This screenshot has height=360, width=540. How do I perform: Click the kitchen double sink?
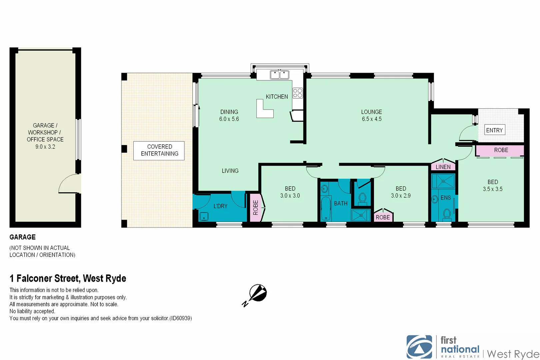pyautogui.click(x=279, y=75)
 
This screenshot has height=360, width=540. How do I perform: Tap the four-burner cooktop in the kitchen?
pyautogui.click(x=298, y=93)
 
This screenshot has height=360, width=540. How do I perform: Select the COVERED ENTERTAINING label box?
pyautogui.click(x=159, y=150)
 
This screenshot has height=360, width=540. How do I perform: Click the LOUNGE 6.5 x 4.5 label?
pyautogui.click(x=371, y=115)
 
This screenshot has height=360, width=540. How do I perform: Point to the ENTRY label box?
pyautogui.click(x=494, y=130)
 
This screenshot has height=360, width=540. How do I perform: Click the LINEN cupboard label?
pyautogui.click(x=443, y=167)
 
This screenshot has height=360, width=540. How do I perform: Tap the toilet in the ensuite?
pyautogui.click(x=447, y=214)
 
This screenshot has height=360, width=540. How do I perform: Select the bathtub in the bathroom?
pyautogui.click(x=326, y=208)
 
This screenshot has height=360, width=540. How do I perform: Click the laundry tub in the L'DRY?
pyautogui.click(x=204, y=216)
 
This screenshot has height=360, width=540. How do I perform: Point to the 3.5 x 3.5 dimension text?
pyautogui.click(x=492, y=189)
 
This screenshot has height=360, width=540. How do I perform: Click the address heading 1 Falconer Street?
pyautogui.click(x=68, y=278)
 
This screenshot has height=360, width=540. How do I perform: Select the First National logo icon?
pyautogui.click(x=419, y=347)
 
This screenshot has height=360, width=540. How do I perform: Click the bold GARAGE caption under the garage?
pyautogui.click(x=23, y=237)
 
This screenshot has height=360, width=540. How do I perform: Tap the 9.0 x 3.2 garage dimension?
pyautogui.click(x=45, y=147)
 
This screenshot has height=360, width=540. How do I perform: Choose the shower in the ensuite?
pyautogui.click(x=443, y=181)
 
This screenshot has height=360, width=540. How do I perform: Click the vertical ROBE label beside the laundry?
pyautogui.click(x=256, y=207)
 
